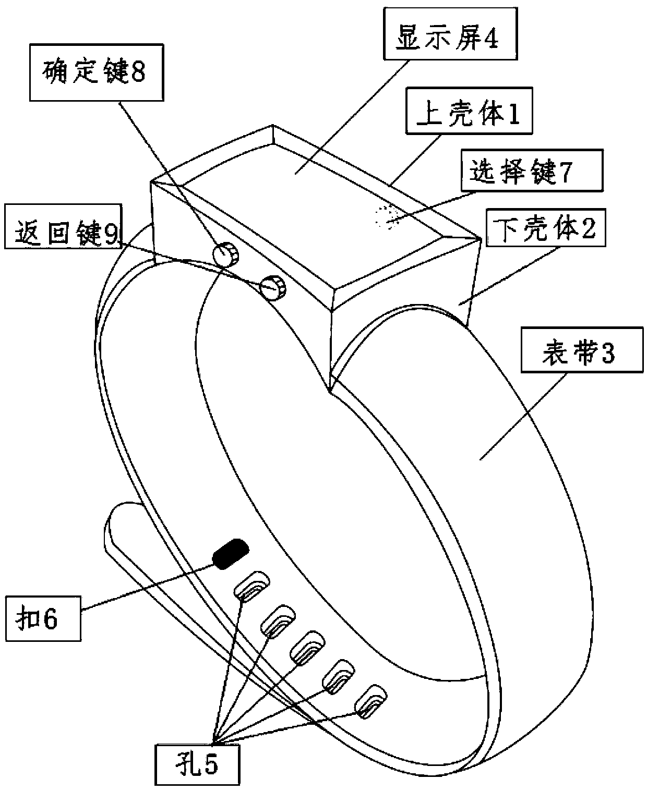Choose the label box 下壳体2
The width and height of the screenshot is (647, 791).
pyautogui.click(x=545, y=228)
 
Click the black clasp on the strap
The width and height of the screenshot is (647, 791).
pyautogui.click(x=231, y=554)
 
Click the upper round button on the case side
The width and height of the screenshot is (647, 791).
pyautogui.click(x=225, y=255)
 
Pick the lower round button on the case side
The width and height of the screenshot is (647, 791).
pyautogui.click(x=273, y=288)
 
